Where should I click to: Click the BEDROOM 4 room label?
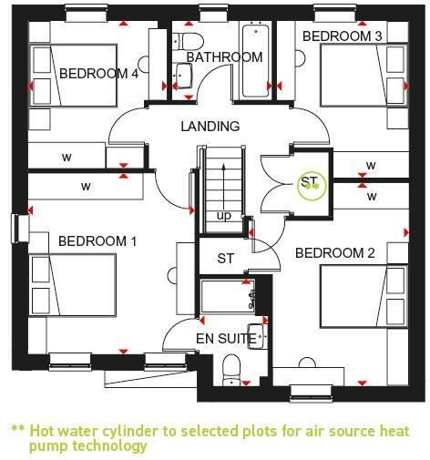pos(97,74)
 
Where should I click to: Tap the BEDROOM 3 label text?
pos(342,36)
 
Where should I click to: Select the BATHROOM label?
pos(224,57)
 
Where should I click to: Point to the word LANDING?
pos(210,127)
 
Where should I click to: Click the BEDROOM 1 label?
pos(97,241)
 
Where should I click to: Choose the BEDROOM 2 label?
pos(335,252)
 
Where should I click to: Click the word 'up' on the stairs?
pos(224,216)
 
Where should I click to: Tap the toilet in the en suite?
pos(231,370)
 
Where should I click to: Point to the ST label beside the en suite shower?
pos(226,259)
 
